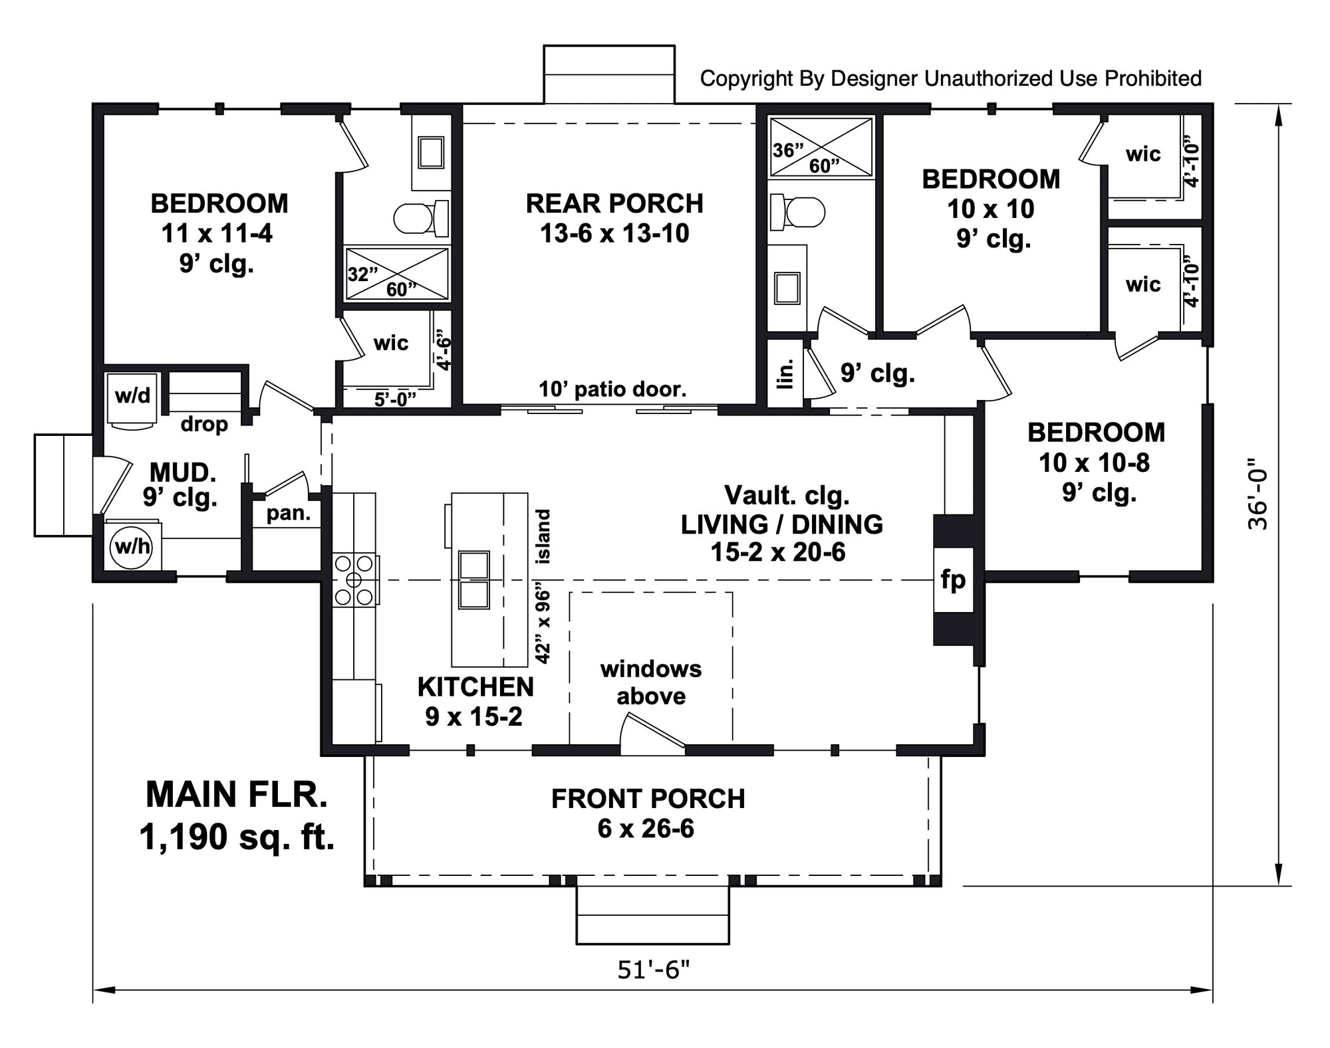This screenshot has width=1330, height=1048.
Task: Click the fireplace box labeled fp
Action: click(953, 579)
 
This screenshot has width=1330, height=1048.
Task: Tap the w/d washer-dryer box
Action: click(132, 396)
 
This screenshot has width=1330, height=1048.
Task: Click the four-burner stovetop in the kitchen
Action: click(354, 579)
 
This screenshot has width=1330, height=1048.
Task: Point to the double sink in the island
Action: click(474, 579)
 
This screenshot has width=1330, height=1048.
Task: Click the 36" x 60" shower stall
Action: click(821, 148)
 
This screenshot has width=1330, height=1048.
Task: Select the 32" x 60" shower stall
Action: click(397, 274)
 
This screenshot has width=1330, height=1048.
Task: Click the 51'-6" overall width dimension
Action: click(653, 970)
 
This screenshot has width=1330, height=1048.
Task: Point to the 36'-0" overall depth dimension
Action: click(1258, 494)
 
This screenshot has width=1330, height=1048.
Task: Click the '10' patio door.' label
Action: click(612, 389)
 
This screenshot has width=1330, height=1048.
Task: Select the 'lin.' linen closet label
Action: click(785, 374)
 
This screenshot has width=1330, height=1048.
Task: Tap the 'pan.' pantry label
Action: click(288, 513)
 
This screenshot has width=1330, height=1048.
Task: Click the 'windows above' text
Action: click(650, 682)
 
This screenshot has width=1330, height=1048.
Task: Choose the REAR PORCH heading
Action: click(614, 203)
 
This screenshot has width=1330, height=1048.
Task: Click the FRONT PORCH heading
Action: click(648, 799)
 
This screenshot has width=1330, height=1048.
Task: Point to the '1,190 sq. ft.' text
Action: click(237, 837)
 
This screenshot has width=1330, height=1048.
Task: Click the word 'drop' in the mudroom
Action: click(204, 424)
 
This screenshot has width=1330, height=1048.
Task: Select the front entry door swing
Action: click(652, 735)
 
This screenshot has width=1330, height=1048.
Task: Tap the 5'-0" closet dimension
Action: click(395, 399)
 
